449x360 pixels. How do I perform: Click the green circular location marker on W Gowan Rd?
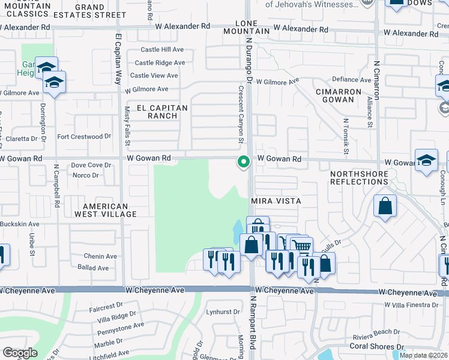244,161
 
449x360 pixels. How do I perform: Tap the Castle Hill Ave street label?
162,49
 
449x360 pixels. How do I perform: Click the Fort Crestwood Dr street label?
84,137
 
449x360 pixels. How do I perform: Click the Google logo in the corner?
20,353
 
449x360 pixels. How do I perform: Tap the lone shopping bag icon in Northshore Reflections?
385,206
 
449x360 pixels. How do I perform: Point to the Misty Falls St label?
127,126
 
